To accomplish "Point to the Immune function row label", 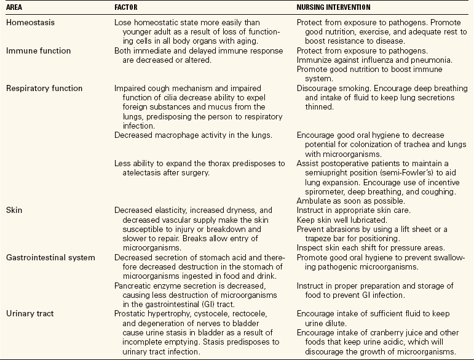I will click(38, 51).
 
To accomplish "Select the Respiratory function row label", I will click(44, 89).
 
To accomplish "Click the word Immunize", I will click(315, 60).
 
